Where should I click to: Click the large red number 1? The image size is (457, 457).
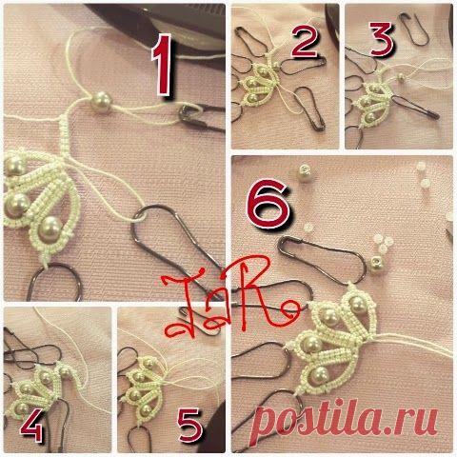pyautogui.click(x=162, y=65)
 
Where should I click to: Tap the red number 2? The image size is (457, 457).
pyautogui.click(x=304, y=42)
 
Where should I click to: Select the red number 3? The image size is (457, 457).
pyautogui.click(x=382, y=39)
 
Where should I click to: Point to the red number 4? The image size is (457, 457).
pyautogui.click(x=31, y=425)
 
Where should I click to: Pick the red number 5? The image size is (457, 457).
pyautogui.click(x=189, y=424)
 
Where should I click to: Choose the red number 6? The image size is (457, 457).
pyautogui.click(x=268, y=204)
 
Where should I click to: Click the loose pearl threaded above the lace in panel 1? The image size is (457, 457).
pyautogui.click(x=101, y=102)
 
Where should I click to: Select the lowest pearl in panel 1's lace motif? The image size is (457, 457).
pyautogui.click(x=50, y=228)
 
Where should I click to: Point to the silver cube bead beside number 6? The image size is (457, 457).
pyautogui.click(x=304, y=173)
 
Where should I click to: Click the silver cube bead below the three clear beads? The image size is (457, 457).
pyautogui.click(x=377, y=263)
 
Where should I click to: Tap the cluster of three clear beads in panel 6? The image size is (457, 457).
pyautogui.click(x=383, y=243)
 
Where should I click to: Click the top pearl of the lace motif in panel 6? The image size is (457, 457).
pyautogui.click(x=356, y=303)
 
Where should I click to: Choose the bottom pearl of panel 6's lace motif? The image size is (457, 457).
pyautogui.click(x=317, y=374)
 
